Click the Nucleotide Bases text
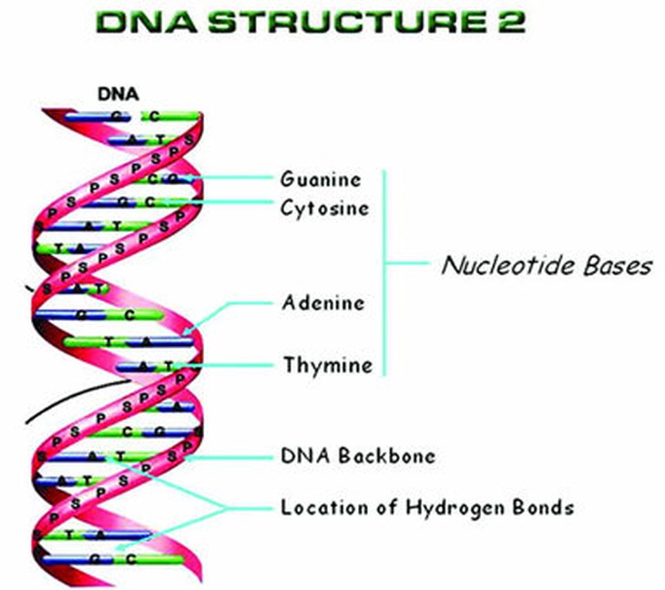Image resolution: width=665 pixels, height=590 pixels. click(x=547, y=265)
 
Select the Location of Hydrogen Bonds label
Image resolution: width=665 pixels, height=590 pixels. click(x=427, y=507)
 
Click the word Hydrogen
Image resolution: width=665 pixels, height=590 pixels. click(x=456, y=508)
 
